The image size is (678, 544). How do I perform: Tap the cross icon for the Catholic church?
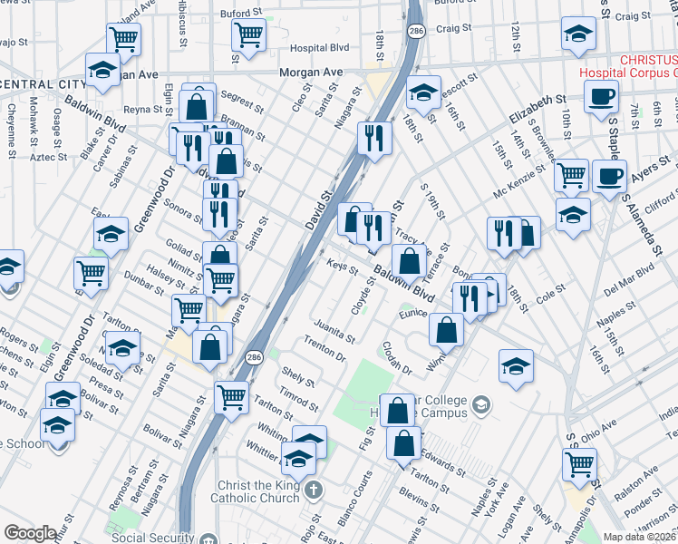313,491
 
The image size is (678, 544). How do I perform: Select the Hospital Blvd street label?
319,48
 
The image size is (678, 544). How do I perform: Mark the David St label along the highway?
320,206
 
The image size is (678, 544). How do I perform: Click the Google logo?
30,533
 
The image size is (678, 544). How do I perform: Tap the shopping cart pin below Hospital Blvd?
247,34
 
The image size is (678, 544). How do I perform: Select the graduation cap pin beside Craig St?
576,34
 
